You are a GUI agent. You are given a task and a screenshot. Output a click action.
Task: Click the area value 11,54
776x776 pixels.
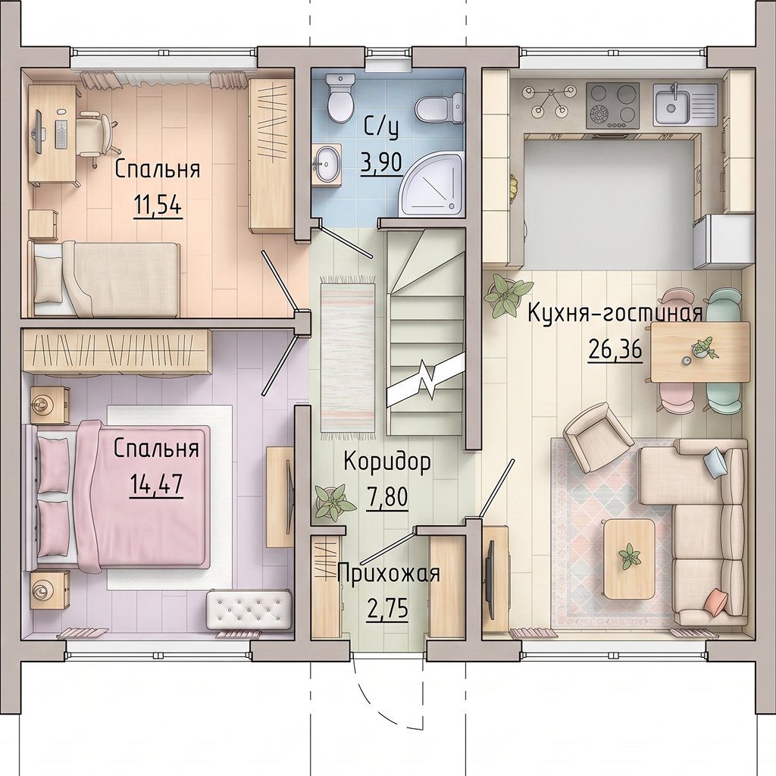point(158,205)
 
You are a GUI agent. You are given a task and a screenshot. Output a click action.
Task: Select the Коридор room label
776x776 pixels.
point(387,462)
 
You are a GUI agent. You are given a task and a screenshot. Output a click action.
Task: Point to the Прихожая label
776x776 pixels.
point(389,574)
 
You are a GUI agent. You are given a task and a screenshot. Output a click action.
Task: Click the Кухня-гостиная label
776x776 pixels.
point(615,314)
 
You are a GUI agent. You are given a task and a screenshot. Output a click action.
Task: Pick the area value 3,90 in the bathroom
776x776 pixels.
point(380,162)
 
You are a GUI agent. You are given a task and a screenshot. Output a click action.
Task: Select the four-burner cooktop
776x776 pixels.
point(612,105)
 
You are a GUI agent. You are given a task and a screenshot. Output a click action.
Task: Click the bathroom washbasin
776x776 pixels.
point(327,164)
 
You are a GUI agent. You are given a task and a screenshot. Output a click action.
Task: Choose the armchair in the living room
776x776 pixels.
point(597,436)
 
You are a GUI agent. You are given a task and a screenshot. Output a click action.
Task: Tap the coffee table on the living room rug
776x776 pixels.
point(629,559)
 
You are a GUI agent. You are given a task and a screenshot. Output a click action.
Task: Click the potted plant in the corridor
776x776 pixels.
point(334,503)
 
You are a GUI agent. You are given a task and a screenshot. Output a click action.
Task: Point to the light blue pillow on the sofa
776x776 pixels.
point(715,462)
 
